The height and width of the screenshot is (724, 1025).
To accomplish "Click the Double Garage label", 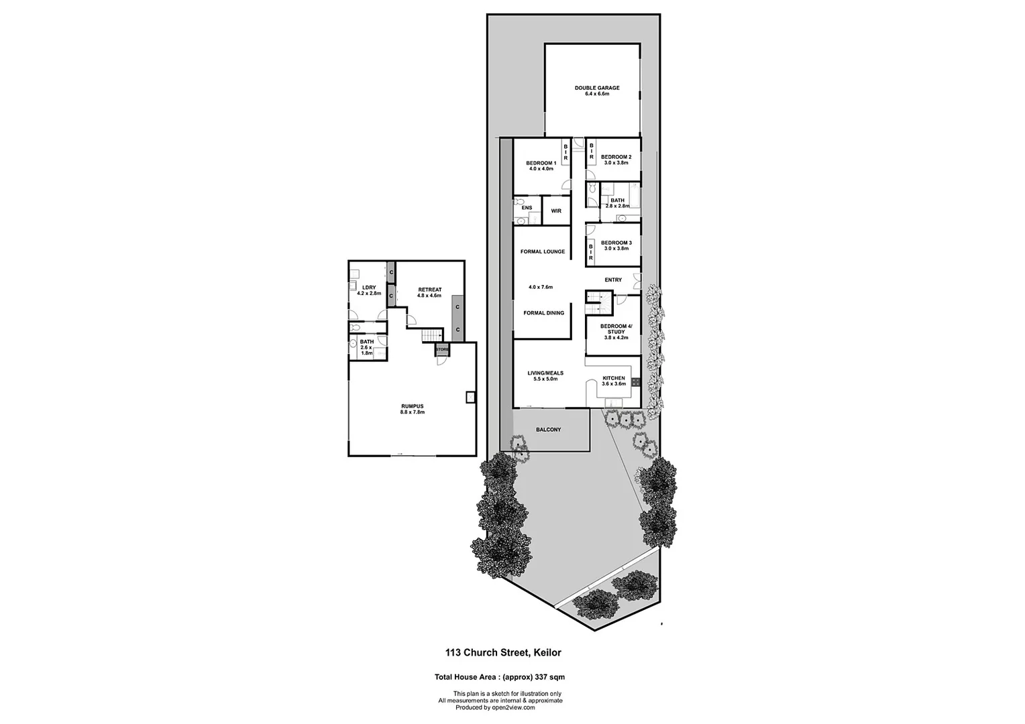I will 596,88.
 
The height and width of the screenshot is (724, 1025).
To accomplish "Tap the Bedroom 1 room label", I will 541,163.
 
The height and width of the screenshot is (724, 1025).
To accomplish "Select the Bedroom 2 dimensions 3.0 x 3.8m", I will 616,163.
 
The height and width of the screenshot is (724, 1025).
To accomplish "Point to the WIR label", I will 555,210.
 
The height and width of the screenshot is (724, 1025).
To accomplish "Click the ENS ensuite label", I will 527,208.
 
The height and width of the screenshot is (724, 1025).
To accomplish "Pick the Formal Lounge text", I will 542,252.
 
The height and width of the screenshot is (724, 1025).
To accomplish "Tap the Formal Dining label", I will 543,313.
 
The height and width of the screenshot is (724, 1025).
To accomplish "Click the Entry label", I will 613,280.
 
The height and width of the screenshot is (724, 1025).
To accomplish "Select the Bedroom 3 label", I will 616,243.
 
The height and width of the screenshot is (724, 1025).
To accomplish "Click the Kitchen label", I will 613,378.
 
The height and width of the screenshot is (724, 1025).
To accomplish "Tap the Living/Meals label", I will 545,373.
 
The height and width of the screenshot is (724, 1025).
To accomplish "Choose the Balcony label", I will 548,430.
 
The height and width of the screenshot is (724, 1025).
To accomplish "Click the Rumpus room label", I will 412,406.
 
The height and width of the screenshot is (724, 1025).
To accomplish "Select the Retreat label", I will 429,290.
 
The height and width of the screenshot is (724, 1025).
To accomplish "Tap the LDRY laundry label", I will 368,288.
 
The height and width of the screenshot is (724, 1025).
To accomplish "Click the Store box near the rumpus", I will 441,350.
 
